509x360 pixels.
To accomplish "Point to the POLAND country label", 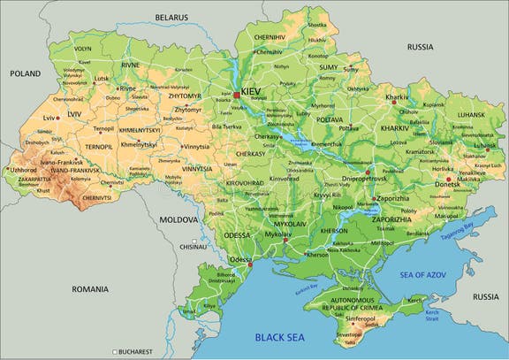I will coord(27,74).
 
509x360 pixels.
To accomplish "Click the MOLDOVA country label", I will coord(179,218).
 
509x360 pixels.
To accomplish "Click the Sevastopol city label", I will coord(348,334).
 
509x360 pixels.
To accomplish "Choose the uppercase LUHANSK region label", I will coord(471,114).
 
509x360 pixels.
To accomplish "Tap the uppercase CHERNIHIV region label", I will coord(269,37).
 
